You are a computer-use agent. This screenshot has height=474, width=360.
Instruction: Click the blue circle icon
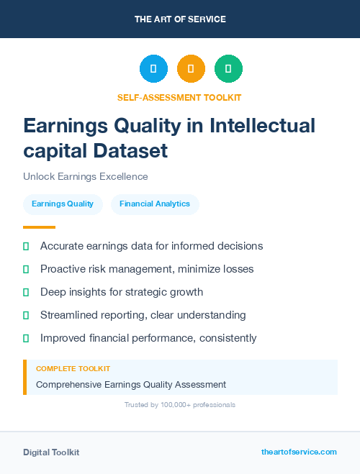[153, 68]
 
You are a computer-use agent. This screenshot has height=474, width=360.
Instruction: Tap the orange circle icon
[191, 68]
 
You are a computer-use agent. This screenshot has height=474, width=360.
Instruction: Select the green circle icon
[228, 68]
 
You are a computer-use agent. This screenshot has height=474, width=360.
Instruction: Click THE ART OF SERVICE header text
[180, 19]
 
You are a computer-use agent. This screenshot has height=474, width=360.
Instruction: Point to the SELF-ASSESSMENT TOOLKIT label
[179, 97]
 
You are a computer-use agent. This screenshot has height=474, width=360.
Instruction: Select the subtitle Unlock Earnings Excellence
[85, 177]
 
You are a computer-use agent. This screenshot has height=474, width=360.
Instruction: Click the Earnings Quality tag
[63, 204]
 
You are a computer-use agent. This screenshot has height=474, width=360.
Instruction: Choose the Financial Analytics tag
[155, 204]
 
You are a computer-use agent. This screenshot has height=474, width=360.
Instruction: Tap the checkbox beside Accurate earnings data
[26, 246]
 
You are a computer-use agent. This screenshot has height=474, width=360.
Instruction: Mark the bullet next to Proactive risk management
[26, 269]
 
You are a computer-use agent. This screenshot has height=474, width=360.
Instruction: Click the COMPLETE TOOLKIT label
[73, 368]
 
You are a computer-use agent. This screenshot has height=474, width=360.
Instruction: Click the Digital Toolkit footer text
[51, 452]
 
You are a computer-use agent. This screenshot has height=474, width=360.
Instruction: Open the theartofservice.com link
[299, 452]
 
